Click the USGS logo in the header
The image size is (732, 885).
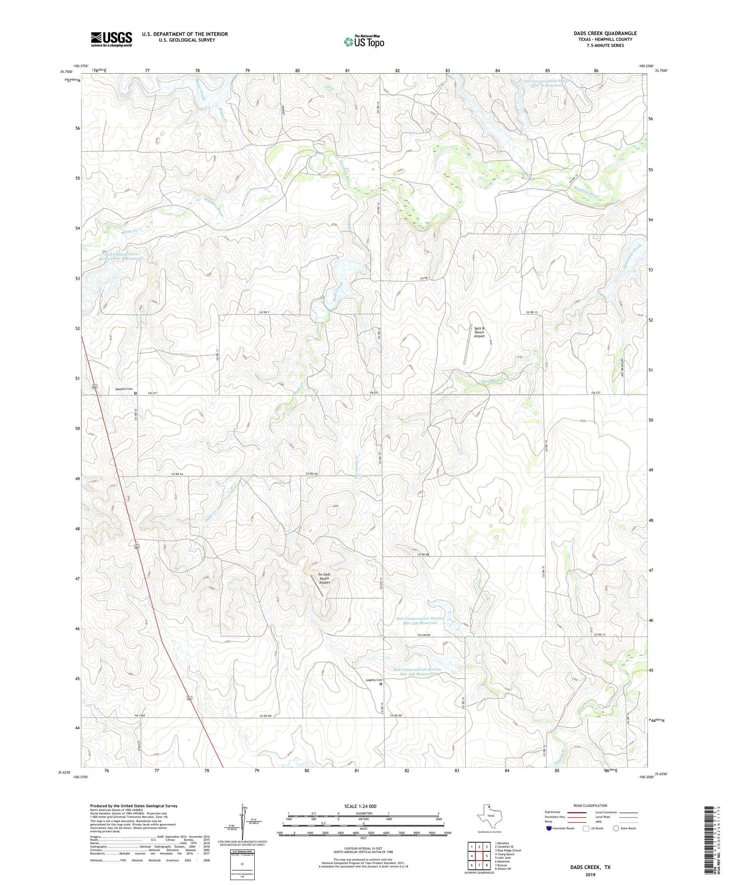pos(111,39)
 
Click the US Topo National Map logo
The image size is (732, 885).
pos(364,41)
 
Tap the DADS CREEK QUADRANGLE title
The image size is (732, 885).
pos(605,33)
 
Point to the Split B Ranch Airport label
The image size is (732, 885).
pos(479,332)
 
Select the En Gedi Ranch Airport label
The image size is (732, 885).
pos(325,578)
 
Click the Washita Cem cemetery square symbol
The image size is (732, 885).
pos(136,393)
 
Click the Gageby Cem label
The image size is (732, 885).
pos(374,680)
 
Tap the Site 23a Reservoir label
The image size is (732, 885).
pos(420,620)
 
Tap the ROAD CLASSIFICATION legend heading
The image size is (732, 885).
pos(590,805)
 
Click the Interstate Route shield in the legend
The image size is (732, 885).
pos(549,828)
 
